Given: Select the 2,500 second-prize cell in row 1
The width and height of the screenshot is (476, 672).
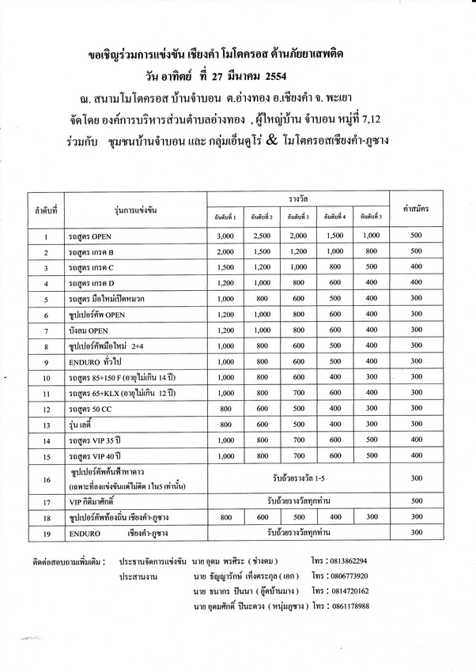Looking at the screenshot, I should point(262,236).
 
